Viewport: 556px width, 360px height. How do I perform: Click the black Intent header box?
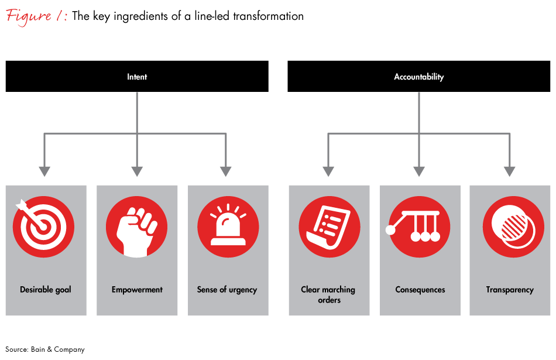[x=137, y=77]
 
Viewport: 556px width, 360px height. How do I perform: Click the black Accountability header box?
[x=418, y=77]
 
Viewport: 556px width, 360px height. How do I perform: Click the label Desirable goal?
[x=46, y=290]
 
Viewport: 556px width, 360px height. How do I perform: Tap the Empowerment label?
[x=137, y=290]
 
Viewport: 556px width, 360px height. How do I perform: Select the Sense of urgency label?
[x=227, y=290]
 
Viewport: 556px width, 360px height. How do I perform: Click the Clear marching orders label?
[x=328, y=294]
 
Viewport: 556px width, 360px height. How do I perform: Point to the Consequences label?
[x=420, y=290]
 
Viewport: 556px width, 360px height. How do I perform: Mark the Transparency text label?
[x=510, y=290]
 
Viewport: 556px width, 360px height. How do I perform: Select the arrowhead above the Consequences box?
[x=419, y=171]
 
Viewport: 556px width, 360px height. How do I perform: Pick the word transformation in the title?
[x=268, y=16]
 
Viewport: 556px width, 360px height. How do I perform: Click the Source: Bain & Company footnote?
[x=45, y=349]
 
